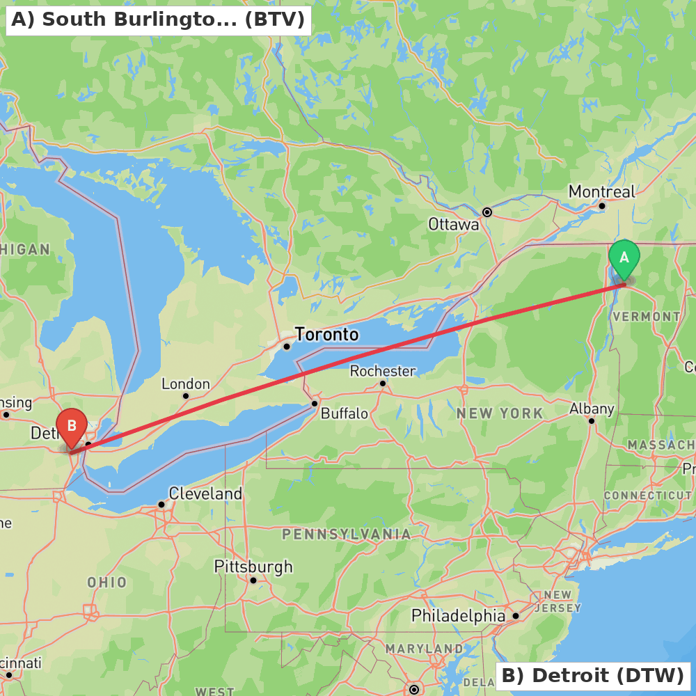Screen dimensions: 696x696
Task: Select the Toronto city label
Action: [326, 335]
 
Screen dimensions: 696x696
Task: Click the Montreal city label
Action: [602, 191]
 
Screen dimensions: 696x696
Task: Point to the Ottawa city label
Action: [454, 224]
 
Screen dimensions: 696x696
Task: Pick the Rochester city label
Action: [383, 371]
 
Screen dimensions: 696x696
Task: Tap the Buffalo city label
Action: [345, 413]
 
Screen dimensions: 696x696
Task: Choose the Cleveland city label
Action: [205, 494]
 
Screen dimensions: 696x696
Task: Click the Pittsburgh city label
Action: [253, 567]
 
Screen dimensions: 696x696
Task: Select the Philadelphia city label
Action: [459, 616]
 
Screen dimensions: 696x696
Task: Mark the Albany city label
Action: [592, 409]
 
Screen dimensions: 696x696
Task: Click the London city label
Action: [186, 383]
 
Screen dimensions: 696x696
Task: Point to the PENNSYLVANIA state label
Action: [346, 535]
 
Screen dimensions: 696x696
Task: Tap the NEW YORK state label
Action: [500, 413]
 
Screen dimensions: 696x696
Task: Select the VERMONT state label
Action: [647, 317]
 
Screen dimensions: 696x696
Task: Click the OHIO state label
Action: [107, 582]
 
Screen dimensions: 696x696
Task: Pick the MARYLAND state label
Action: [424, 649]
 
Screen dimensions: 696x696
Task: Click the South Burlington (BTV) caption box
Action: [158, 19]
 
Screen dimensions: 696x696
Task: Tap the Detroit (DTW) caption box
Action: [593, 675]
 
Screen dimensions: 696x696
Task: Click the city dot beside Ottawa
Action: [487, 212]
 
